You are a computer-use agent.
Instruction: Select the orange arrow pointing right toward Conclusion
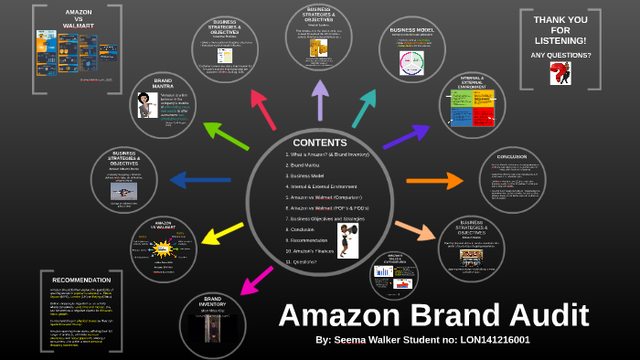click(x=421, y=182)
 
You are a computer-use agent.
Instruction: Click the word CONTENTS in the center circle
click(x=319, y=143)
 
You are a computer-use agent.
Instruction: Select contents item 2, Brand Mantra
click(x=305, y=164)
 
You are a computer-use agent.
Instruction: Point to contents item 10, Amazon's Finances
click(x=312, y=250)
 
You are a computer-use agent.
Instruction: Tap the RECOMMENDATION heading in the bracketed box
click(x=81, y=280)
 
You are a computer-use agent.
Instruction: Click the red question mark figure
click(x=560, y=74)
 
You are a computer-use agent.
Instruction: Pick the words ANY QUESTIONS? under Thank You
click(x=560, y=55)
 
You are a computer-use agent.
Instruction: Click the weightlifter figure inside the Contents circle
click(x=348, y=240)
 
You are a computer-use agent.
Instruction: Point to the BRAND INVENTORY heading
click(x=212, y=302)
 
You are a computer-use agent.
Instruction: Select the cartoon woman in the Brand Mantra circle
click(x=144, y=105)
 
